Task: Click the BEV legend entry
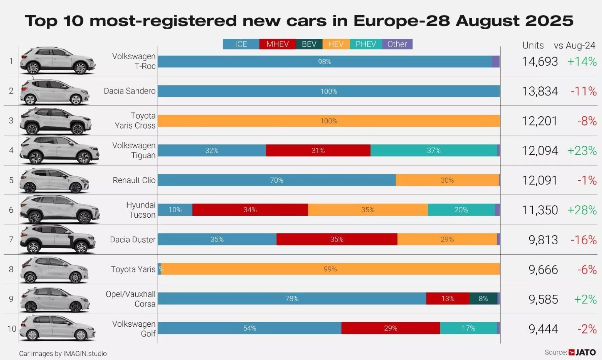309,44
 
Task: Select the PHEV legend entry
366,44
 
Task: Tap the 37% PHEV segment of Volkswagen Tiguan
434,150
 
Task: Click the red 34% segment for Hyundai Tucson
250,210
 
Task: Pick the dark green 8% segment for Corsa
483,298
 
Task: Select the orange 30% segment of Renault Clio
447,180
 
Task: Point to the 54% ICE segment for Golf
249,328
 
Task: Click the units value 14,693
540,62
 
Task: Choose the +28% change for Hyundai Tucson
582,210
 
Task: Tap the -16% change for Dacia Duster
583,240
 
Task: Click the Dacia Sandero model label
130,91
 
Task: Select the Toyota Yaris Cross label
135,120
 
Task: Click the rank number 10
12,329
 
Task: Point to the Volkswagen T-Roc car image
57,61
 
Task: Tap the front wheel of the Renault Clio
75,188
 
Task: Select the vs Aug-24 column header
574,45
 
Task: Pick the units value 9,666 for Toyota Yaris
543,269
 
